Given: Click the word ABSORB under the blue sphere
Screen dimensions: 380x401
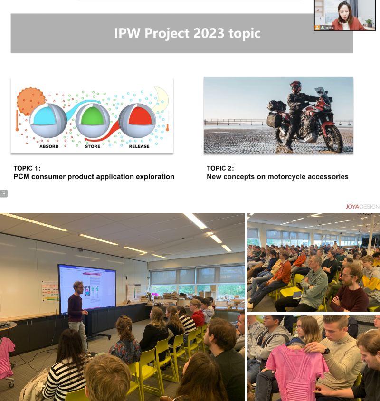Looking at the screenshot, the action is point(49,146).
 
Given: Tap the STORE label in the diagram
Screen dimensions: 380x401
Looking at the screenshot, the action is point(93,146).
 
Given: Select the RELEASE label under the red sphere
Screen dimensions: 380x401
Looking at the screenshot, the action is point(139,146).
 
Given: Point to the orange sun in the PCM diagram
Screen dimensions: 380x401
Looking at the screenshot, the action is point(30,101).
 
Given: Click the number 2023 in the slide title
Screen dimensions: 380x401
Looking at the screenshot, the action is point(209,33).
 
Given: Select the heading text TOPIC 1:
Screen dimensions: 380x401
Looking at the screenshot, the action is point(27,168).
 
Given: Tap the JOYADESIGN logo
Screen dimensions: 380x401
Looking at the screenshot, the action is point(362,207).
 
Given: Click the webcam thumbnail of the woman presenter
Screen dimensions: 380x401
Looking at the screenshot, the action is point(345,15).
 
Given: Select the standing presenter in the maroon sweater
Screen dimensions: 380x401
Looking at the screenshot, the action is point(78,316).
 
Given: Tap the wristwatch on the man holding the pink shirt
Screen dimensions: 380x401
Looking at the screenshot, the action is point(326,350).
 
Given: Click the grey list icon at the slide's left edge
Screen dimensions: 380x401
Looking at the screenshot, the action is point(4,193).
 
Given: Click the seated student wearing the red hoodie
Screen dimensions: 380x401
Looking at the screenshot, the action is point(197,314).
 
